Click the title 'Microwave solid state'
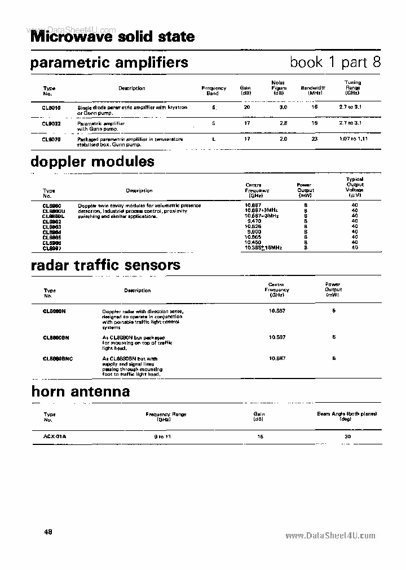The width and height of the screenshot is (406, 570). (x=112, y=37)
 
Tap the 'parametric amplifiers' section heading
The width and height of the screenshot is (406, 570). (x=109, y=63)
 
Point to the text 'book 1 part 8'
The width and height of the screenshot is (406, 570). (x=335, y=62)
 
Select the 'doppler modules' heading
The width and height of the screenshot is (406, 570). (x=92, y=162)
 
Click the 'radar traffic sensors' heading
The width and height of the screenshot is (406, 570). (x=105, y=265)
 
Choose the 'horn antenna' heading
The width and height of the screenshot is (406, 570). (x=80, y=391)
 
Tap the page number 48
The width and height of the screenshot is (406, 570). (x=48, y=532)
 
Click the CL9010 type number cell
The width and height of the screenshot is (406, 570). (x=51, y=107)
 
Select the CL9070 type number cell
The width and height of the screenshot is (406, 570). (x=51, y=139)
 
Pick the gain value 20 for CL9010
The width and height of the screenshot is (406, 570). (x=246, y=107)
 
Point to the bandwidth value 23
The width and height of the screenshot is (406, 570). (x=315, y=139)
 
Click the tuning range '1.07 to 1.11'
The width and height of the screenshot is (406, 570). (x=354, y=139)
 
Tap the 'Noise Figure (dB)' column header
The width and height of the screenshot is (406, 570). (x=279, y=88)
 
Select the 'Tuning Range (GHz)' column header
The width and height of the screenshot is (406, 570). (x=353, y=88)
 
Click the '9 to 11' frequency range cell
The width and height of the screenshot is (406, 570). (x=163, y=437)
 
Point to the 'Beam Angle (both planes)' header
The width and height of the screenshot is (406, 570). (x=347, y=414)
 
